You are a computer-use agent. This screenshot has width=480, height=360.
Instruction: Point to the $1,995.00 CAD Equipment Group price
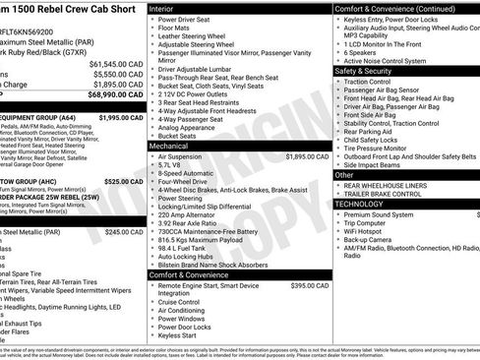[x=121, y=117]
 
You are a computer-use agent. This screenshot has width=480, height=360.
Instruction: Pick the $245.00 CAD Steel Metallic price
[x=124, y=232]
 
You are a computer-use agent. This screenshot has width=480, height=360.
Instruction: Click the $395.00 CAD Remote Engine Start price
[x=309, y=284]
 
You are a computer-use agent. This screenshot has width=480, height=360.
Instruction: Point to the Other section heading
[x=345, y=174]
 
